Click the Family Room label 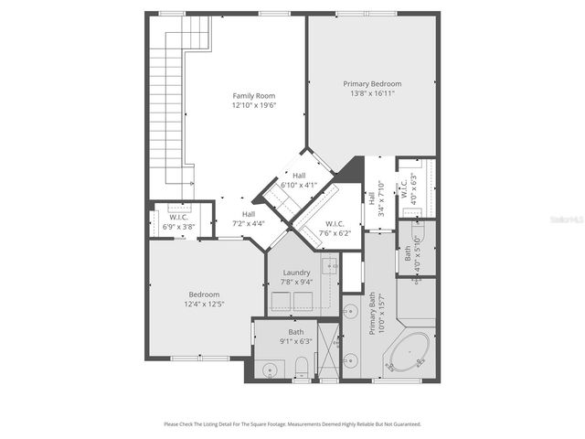point(253,95)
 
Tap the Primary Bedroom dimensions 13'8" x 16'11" point(372,92)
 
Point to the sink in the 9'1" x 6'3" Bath point(270,370)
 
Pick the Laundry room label point(296,273)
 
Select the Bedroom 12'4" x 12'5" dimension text point(205,304)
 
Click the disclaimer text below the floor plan point(292,423)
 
